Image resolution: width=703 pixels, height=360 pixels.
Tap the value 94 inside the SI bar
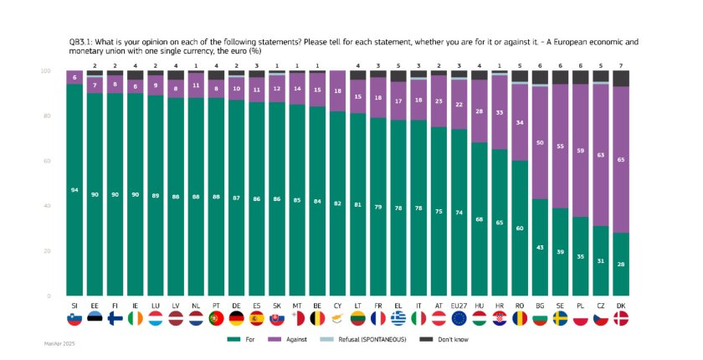[x=74, y=190]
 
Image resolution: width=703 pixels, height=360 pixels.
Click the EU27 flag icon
[x=459, y=319]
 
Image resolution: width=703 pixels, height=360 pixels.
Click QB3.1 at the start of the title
[x=81, y=40]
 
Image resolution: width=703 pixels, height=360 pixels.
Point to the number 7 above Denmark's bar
[x=620, y=64]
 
